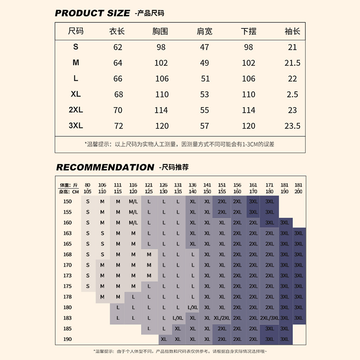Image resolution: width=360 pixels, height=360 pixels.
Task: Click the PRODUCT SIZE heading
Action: coord(92,13)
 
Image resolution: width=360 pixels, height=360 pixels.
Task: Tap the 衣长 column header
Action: coord(117,31)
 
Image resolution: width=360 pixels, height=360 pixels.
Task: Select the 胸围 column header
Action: coord(161,31)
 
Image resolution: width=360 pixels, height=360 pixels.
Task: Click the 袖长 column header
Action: coord(292,31)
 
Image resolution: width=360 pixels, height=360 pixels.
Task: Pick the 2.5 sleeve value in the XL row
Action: coord(292,94)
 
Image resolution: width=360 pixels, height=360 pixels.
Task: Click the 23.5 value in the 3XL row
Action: coord(292,126)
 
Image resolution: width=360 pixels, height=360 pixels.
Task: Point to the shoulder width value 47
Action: coord(205,47)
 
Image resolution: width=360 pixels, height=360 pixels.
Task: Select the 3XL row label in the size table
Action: coord(76,126)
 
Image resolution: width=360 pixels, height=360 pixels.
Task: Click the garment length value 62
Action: coord(118,47)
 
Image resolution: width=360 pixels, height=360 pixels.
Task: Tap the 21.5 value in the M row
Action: coord(292,63)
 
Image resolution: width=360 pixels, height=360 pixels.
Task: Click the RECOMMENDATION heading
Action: coord(105,167)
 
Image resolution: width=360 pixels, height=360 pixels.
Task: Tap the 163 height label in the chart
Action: coord(67,233)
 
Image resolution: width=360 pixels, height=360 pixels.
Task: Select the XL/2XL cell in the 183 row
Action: coord(222,318)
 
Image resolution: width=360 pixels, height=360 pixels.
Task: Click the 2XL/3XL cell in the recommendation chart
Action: coord(270,318)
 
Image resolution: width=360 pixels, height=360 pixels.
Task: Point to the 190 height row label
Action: coord(67,339)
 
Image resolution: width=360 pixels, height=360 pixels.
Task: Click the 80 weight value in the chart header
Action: coord(88,185)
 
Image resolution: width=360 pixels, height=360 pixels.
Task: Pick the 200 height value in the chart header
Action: coord(298,191)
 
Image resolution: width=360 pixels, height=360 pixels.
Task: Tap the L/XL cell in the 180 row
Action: coord(193,307)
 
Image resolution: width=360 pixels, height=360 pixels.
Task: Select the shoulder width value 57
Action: coord(205,126)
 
